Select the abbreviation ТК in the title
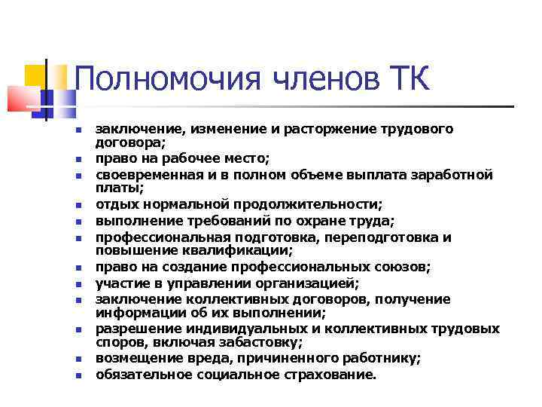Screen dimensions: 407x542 pyautogui.click(x=409, y=78)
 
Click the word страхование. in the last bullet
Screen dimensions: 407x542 pyautogui.click(x=327, y=374)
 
